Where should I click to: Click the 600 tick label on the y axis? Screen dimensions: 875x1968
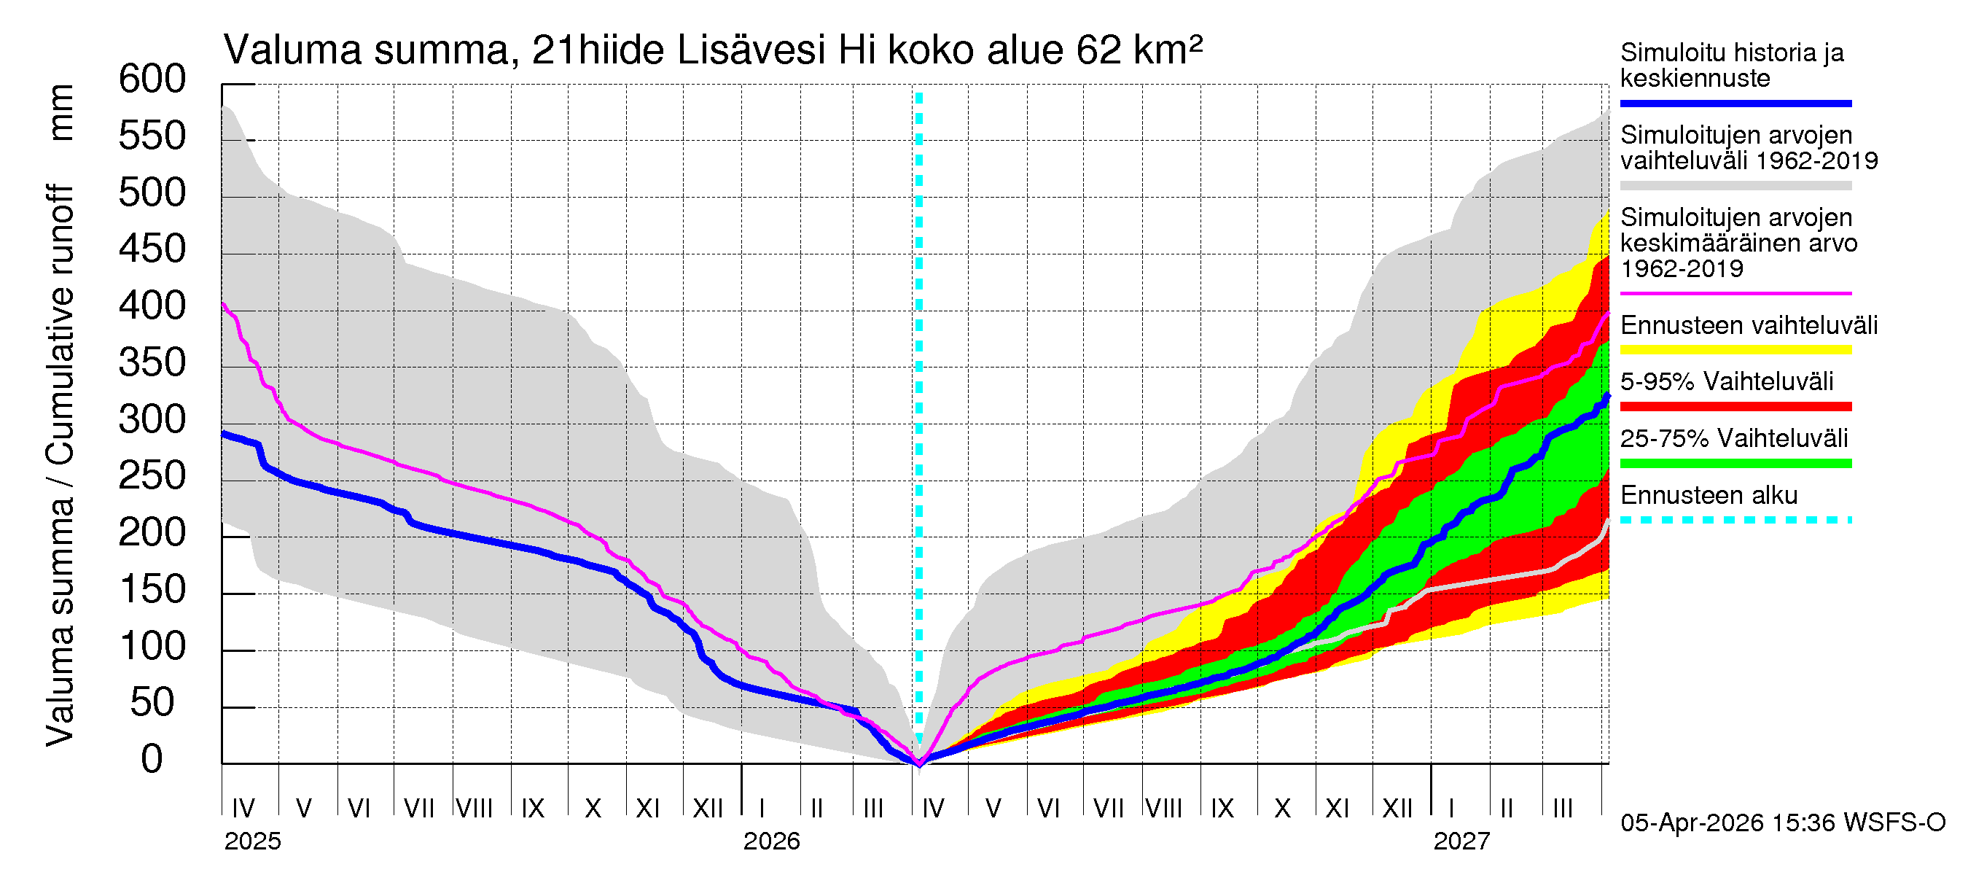pos(152,79)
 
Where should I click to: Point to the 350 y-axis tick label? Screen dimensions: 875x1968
pos(152,363)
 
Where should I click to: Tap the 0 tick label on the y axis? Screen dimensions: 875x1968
pos(152,760)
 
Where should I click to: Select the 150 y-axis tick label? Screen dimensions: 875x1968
pos(152,590)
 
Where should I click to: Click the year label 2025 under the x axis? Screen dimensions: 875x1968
pos(252,841)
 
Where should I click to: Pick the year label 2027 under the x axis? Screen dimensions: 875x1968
pos(1461,841)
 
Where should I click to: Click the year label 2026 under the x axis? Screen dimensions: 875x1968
pos(771,841)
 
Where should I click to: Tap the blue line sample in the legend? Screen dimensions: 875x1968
pos(1735,103)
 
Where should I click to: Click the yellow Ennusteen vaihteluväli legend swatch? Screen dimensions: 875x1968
pos(1735,350)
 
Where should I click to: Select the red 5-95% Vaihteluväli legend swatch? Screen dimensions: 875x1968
pos(1735,407)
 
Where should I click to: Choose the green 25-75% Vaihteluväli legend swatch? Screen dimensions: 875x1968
pos(1735,463)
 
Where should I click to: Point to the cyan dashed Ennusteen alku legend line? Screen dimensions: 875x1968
pos(1735,521)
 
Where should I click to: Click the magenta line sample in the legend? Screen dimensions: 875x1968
pos(1735,293)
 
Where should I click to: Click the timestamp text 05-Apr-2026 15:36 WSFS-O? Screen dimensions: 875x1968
pos(1782,823)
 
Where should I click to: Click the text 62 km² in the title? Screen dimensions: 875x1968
pos(1139,50)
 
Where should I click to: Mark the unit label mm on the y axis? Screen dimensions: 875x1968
pos(61,113)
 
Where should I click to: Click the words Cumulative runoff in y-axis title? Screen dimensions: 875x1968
pos(61,324)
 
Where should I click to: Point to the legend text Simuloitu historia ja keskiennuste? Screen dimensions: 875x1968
pos(1731,66)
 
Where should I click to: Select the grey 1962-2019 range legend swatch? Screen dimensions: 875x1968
pos(1735,186)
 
